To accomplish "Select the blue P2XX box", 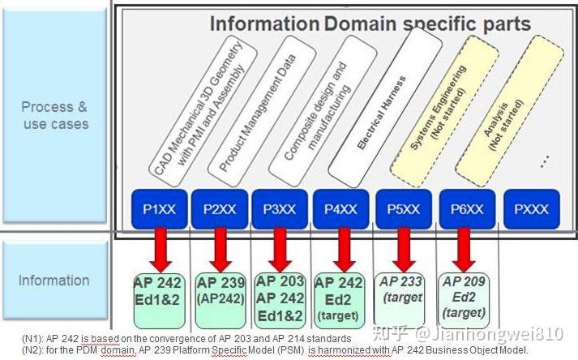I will (220, 208).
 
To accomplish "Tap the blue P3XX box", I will (281, 208).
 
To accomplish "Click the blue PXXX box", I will (531, 208).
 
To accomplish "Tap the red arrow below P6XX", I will (464, 250).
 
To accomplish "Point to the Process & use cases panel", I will (54, 116).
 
